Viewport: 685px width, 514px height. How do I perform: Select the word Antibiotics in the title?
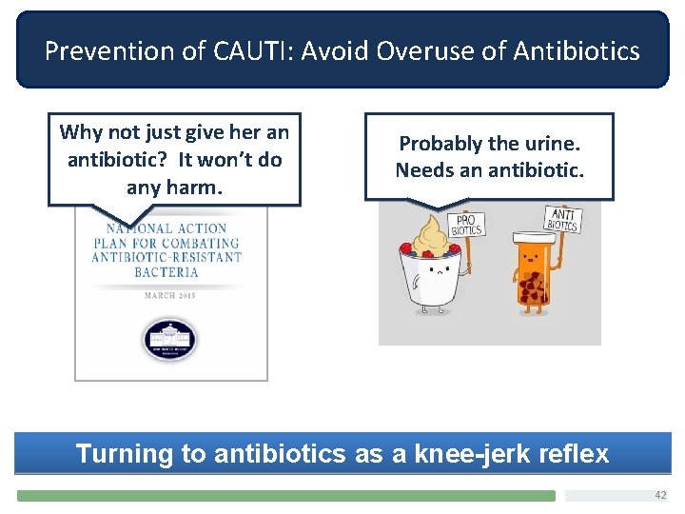[x=575, y=50]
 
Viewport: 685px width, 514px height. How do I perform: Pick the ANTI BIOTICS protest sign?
[x=562, y=220]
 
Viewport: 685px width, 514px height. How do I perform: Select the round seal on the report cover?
[x=170, y=338]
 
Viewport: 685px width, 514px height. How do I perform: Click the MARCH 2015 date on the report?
[x=171, y=295]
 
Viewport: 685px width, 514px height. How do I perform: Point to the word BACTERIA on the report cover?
[x=171, y=271]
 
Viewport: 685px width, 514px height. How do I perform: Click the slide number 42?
[x=660, y=495]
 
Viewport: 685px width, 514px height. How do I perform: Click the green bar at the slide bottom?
[x=285, y=496]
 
